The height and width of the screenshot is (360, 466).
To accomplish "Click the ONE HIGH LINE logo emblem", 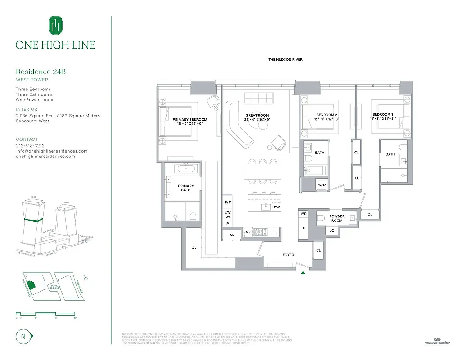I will click(x=55, y=25).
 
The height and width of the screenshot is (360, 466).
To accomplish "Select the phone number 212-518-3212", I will click(x=30, y=146).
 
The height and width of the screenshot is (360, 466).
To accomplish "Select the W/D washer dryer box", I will click(x=322, y=185).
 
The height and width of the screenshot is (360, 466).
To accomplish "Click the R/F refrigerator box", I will click(x=227, y=203).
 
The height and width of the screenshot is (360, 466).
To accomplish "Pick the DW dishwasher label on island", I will click(x=276, y=207).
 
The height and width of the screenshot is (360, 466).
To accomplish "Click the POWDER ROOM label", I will click(x=337, y=219).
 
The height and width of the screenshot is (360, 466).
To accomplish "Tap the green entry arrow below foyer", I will click(x=303, y=272).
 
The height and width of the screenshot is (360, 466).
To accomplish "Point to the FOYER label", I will click(x=288, y=255).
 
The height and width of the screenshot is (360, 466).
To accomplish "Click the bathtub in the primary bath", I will click(x=185, y=169).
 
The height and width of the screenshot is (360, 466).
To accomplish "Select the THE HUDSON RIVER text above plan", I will click(x=285, y=60).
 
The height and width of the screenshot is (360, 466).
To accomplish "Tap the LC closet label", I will click(x=332, y=231).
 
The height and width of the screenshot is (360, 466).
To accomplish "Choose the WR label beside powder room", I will click(x=303, y=214).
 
